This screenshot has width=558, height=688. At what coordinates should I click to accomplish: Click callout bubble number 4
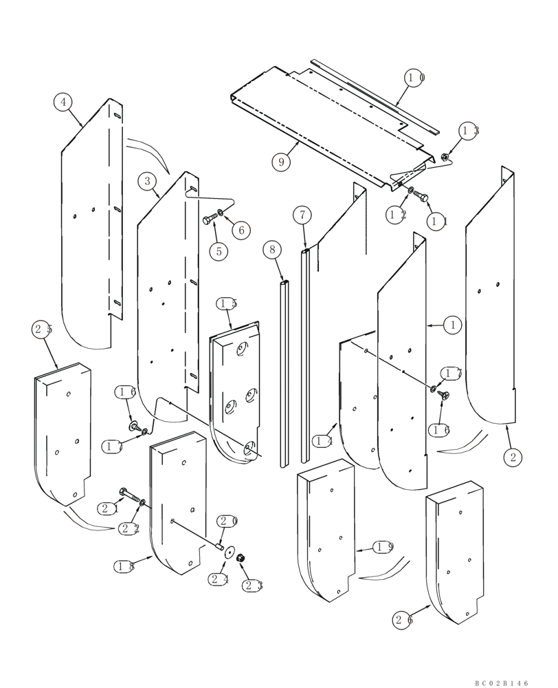63,103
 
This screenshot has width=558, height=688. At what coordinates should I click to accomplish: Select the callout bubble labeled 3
146,182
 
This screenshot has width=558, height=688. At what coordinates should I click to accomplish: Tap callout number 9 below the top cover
280,162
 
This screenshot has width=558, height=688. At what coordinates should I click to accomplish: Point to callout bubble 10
416,78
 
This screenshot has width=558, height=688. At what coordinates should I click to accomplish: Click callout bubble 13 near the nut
469,131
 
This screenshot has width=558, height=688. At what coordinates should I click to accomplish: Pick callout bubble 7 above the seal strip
302,215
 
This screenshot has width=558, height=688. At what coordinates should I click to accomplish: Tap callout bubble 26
403,621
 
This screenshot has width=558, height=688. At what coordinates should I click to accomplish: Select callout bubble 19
383,547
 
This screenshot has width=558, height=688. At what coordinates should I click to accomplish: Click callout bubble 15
227,303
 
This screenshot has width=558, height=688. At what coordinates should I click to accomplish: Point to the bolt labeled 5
209,220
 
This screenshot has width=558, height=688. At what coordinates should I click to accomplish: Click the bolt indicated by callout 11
421,197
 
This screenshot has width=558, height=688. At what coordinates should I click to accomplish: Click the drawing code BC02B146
502,683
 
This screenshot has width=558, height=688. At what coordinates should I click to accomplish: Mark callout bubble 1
452,324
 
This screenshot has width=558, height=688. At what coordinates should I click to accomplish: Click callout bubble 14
322,440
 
